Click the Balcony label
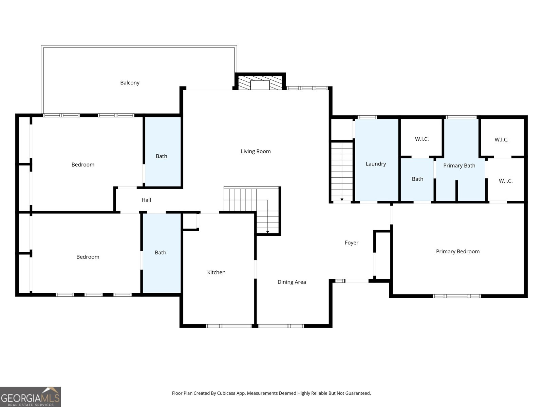(x=130, y=83)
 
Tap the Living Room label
(x=256, y=151)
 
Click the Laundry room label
(x=376, y=164)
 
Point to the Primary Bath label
(x=459, y=166)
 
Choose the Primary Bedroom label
(x=457, y=251)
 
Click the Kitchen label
(x=216, y=272)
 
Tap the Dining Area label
(x=292, y=282)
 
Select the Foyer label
(x=351, y=243)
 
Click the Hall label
(x=146, y=200)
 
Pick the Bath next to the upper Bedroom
(x=162, y=156)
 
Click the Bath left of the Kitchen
(x=161, y=252)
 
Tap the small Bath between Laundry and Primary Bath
(x=417, y=179)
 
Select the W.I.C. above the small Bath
(x=422, y=139)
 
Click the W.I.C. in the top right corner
(x=501, y=139)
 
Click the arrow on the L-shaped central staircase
(x=267, y=232)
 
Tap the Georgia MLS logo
(x=31, y=397)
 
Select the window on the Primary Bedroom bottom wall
(x=457, y=296)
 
